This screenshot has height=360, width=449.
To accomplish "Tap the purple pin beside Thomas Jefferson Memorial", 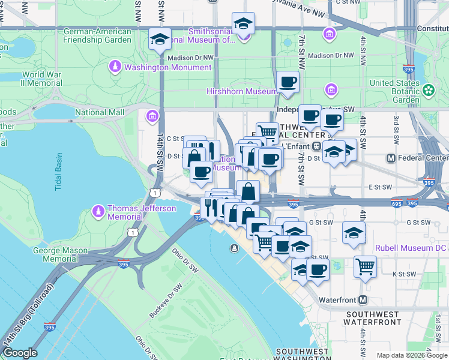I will tap(98, 212).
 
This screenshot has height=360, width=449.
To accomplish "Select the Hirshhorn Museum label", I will tap(242, 91).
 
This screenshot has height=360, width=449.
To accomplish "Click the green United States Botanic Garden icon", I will tap(428, 90).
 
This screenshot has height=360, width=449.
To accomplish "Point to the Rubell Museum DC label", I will tap(411, 247).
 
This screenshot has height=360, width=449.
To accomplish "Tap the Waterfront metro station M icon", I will tap(363, 299).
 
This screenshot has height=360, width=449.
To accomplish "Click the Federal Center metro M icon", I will tap(391, 158).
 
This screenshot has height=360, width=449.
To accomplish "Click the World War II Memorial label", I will tap(42, 79).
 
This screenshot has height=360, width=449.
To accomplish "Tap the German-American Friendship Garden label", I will tap(97, 35).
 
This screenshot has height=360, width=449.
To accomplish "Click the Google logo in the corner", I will tap(20, 353).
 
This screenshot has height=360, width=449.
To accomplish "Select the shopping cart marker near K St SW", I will tap(365, 266).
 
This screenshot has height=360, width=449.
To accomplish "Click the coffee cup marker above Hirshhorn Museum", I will tap(288, 82).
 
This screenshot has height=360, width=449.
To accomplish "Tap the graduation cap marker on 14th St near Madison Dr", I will tap(159, 40).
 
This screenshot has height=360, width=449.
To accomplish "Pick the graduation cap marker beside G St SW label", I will tap(354, 233).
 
